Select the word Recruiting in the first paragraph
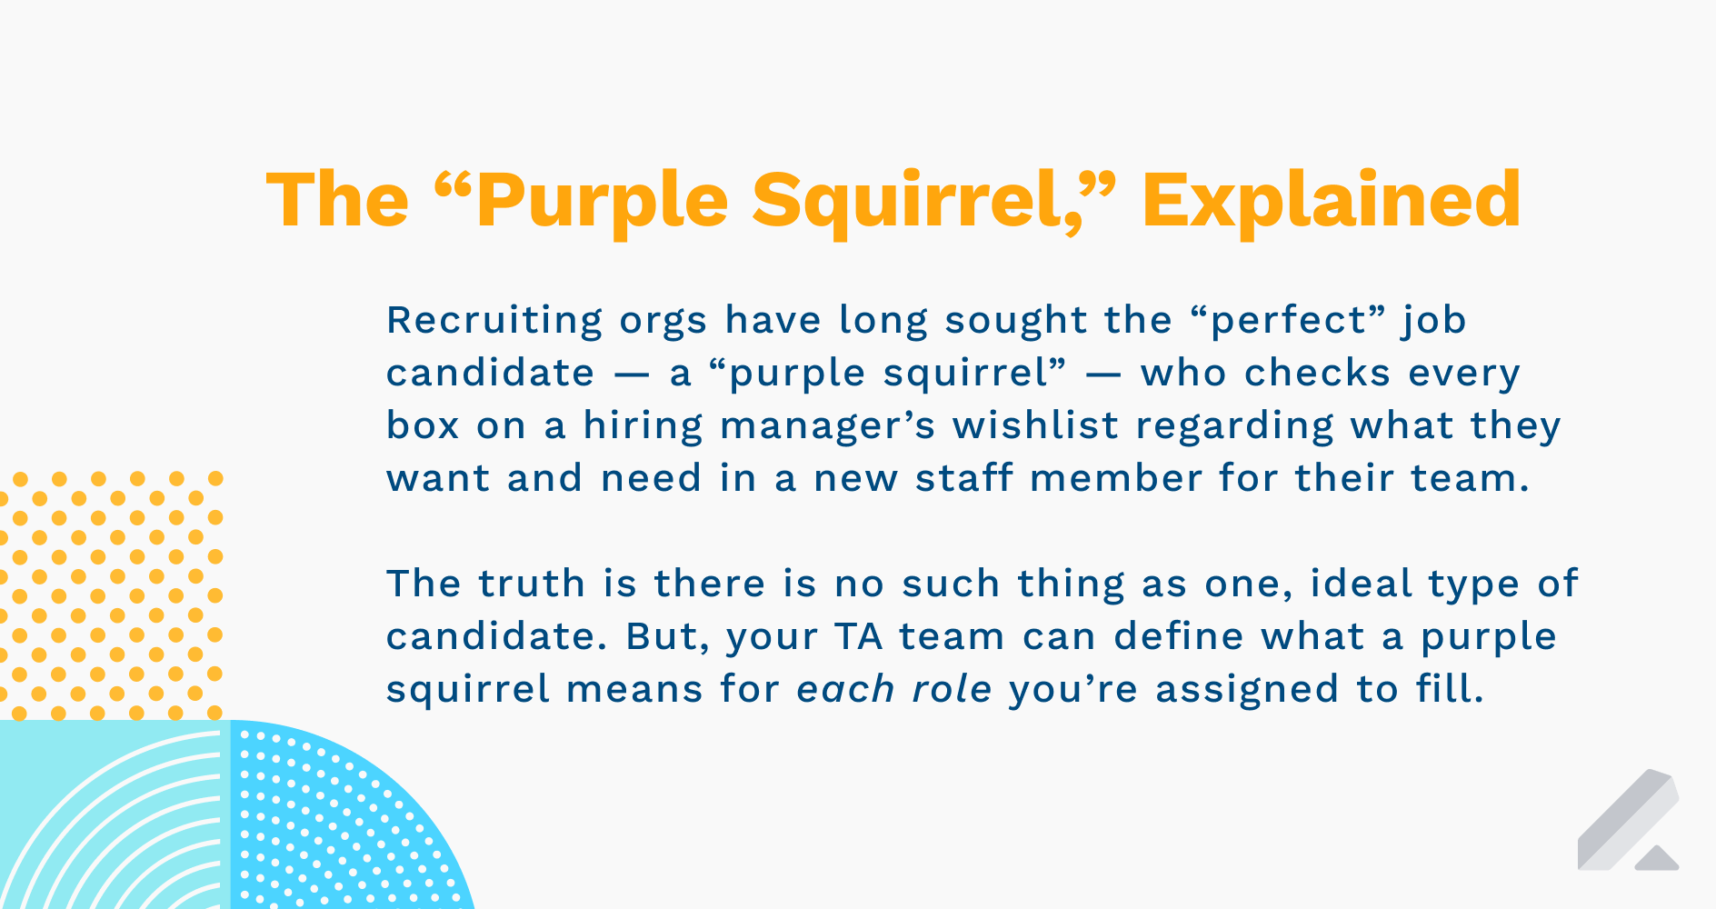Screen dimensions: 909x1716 click(x=494, y=321)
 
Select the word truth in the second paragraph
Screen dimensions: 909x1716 click(x=532, y=584)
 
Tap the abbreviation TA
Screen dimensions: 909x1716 click(x=858, y=636)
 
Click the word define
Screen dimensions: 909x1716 click(x=1178, y=636)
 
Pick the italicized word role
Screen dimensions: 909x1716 click(x=952, y=689)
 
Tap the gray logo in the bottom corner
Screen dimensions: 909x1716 click(x=1628, y=823)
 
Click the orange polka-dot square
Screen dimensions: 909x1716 click(x=111, y=594)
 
